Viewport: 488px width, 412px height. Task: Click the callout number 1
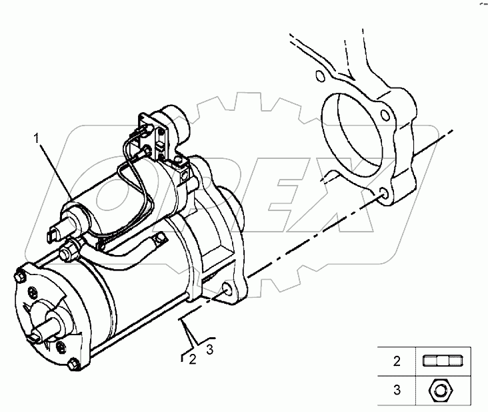click(39, 140)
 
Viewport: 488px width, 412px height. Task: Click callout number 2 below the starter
click(193, 359)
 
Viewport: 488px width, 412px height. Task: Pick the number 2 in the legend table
click(397, 362)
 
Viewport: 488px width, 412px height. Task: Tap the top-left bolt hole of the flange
click(319, 76)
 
